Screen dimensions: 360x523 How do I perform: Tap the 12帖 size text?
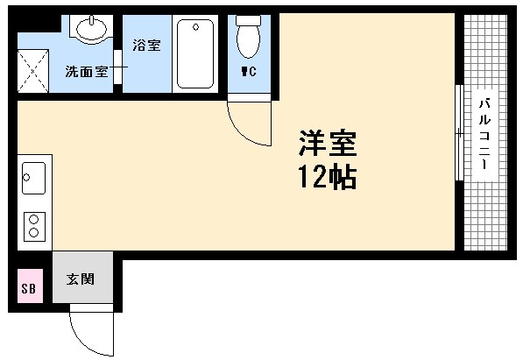tap(325, 178)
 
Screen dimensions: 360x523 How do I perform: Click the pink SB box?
tap(27, 287)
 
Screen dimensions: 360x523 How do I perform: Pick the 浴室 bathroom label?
tap(145, 45)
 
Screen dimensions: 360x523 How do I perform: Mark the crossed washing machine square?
tap(35, 67)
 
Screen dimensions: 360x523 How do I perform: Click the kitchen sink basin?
tap(33, 180)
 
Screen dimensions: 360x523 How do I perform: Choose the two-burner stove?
tap(35, 225)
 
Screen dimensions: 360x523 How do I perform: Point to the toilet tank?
tap(251, 20)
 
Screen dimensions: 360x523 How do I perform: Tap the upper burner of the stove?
tap(35, 218)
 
